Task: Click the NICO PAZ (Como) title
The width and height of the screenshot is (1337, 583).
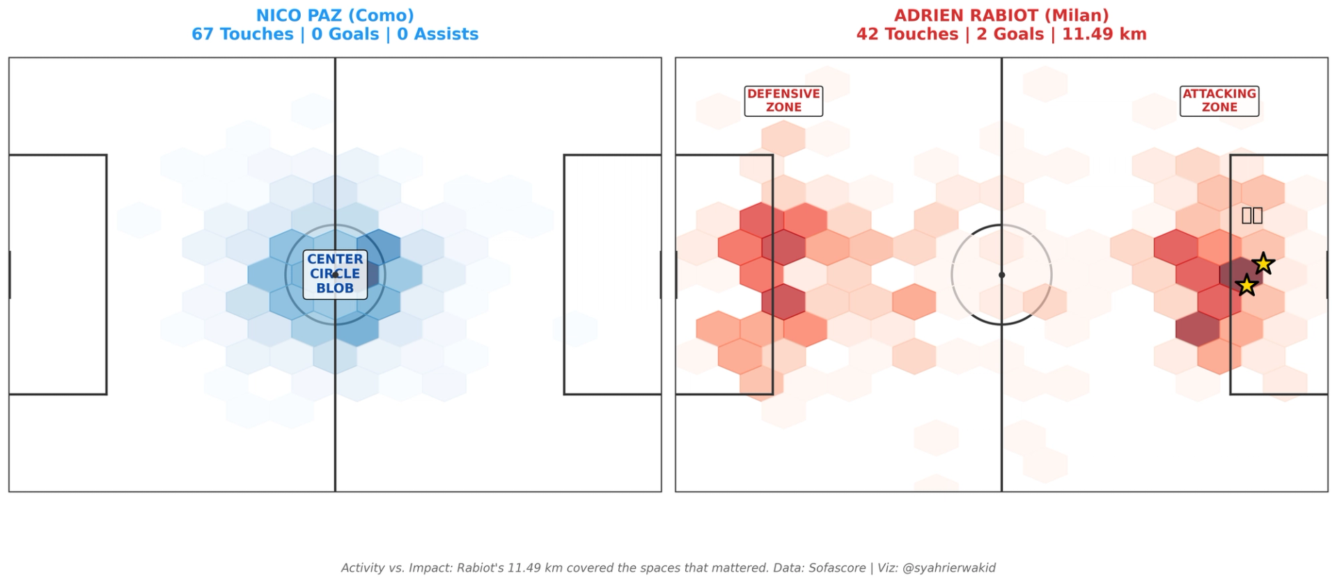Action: coord(335,15)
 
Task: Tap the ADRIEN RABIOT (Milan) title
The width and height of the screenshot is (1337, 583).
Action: coord(1001,15)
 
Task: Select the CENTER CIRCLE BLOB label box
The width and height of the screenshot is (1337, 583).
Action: coord(335,274)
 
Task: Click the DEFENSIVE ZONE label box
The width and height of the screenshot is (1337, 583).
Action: coord(783,101)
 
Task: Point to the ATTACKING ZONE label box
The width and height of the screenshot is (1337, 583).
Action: coord(1219,101)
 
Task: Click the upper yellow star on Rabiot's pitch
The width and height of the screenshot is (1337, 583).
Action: coord(1263,264)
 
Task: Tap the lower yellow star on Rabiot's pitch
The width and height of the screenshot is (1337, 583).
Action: coord(1246,285)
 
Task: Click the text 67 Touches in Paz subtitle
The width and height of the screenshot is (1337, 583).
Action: coord(242,34)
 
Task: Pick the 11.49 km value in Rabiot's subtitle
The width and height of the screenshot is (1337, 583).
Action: coord(1104,34)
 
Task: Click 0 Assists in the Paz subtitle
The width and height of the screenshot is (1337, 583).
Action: coord(437,34)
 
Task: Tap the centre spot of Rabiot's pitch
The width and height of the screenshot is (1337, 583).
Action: coord(1001,275)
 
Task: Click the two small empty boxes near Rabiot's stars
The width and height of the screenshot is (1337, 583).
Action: coord(1252,216)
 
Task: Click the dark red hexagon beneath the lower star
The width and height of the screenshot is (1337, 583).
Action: coord(1198,328)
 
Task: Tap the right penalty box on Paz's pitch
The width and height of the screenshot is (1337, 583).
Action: coord(612,274)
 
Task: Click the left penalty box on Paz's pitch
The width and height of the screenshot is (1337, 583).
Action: coord(58,274)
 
